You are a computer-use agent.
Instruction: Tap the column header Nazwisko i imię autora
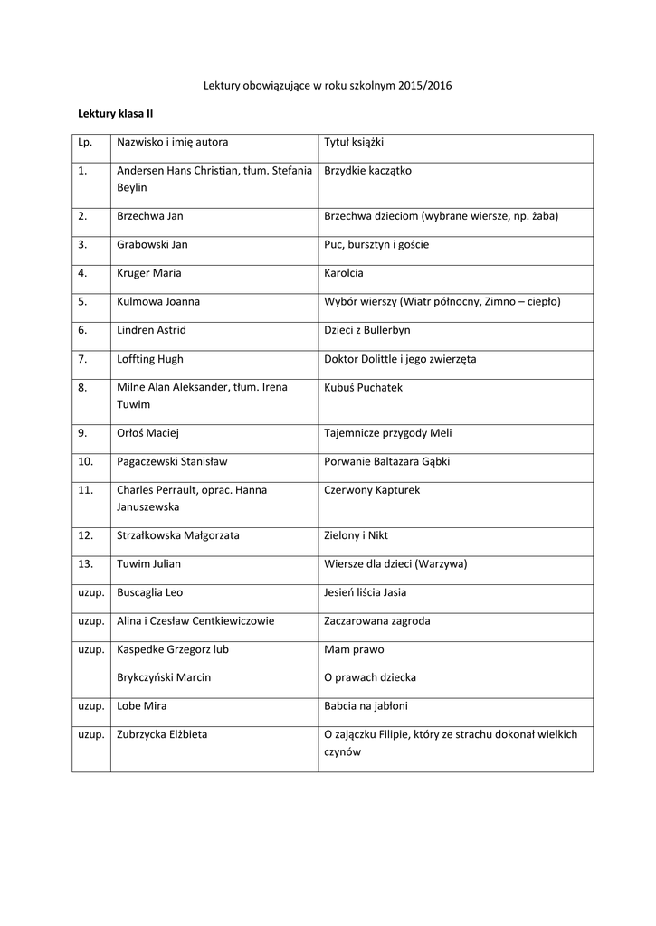[172, 143]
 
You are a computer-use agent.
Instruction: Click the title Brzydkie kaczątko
[367, 170]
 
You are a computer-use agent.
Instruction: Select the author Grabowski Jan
[152, 244]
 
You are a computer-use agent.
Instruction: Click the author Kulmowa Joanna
[158, 301]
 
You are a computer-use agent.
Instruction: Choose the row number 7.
[82, 359]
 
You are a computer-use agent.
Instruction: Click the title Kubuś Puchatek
[363, 387]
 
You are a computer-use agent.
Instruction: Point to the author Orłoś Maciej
[147, 433]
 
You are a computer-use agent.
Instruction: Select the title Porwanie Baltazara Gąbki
[386, 461]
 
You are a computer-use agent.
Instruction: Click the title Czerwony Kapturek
[372, 490]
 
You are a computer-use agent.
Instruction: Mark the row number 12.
[86, 535]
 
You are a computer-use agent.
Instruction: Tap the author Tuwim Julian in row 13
[148, 564]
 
